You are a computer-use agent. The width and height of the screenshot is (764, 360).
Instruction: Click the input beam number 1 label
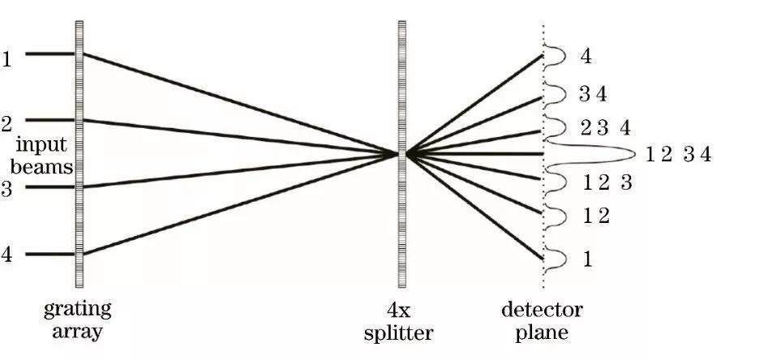pyautogui.click(x=7, y=60)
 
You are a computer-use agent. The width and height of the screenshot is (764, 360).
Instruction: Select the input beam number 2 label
pyautogui.click(x=7, y=125)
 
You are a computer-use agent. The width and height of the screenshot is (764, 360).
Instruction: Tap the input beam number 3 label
pyautogui.click(x=7, y=190)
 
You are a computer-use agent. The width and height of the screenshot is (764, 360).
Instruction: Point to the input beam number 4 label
pyautogui.click(x=7, y=254)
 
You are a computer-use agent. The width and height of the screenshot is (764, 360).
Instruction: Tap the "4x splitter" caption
pyautogui.click(x=404, y=319)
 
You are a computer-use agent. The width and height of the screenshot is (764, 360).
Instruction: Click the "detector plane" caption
pyautogui.click(x=542, y=319)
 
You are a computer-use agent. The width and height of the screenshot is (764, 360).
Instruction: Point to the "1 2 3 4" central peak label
pyautogui.click(x=679, y=154)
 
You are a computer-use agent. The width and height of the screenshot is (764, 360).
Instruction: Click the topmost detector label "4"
pyautogui.click(x=586, y=57)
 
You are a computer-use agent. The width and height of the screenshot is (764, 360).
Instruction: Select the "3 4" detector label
pyautogui.click(x=593, y=94)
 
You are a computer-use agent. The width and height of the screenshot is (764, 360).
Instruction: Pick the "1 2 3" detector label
pyautogui.click(x=607, y=183)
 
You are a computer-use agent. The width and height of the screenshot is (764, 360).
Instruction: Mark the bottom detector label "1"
pyautogui.click(x=587, y=259)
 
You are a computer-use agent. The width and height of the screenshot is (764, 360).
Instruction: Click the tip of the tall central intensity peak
pyautogui.click(x=635, y=153)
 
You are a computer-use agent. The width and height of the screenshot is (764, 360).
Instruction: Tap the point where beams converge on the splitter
pyautogui.click(x=402, y=153)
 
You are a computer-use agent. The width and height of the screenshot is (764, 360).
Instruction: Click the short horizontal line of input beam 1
pyautogui.click(x=49, y=54)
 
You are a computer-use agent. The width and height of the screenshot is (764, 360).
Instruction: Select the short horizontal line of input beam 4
pyautogui.click(x=49, y=254)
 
